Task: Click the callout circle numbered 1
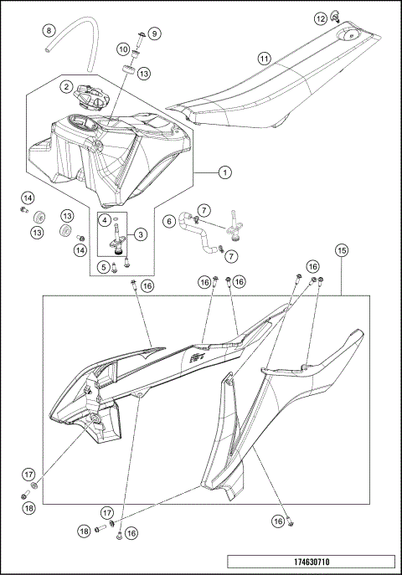[224, 173]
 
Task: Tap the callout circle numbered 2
[65, 85]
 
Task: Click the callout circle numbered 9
[155, 33]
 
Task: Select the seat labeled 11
[251, 92]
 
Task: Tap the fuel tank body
[109, 159]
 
